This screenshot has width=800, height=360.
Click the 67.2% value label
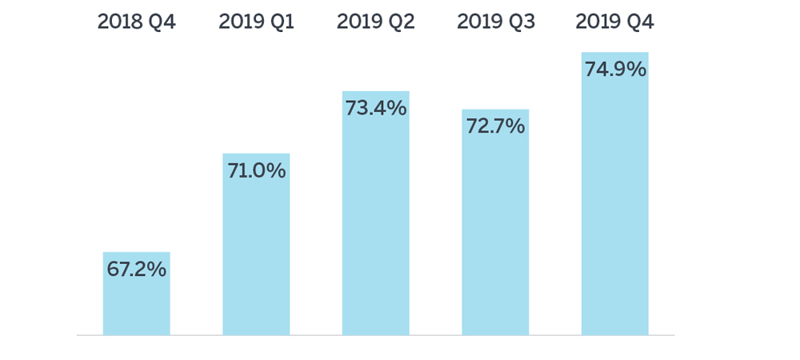(x=136, y=270)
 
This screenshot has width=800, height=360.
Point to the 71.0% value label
(x=256, y=170)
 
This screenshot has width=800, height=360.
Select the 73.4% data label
(x=375, y=108)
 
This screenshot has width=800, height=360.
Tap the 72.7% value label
(x=495, y=126)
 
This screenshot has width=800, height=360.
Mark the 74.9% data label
(x=614, y=70)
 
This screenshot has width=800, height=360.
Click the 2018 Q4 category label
(x=136, y=22)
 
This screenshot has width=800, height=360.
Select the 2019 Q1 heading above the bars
(x=256, y=22)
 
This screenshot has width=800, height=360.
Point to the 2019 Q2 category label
(x=375, y=22)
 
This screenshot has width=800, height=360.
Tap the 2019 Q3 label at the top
(x=495, y=22)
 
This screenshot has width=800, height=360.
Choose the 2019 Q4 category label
(x=614, y=22)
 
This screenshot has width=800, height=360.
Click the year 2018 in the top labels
(x=121, y=22)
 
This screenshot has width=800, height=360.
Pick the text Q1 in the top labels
(x=281, y=22)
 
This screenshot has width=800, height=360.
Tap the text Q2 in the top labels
(x=400, y=22)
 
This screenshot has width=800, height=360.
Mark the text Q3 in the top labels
(x=520, y=22)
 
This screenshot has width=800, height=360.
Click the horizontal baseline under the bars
(x=376, y=335)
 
